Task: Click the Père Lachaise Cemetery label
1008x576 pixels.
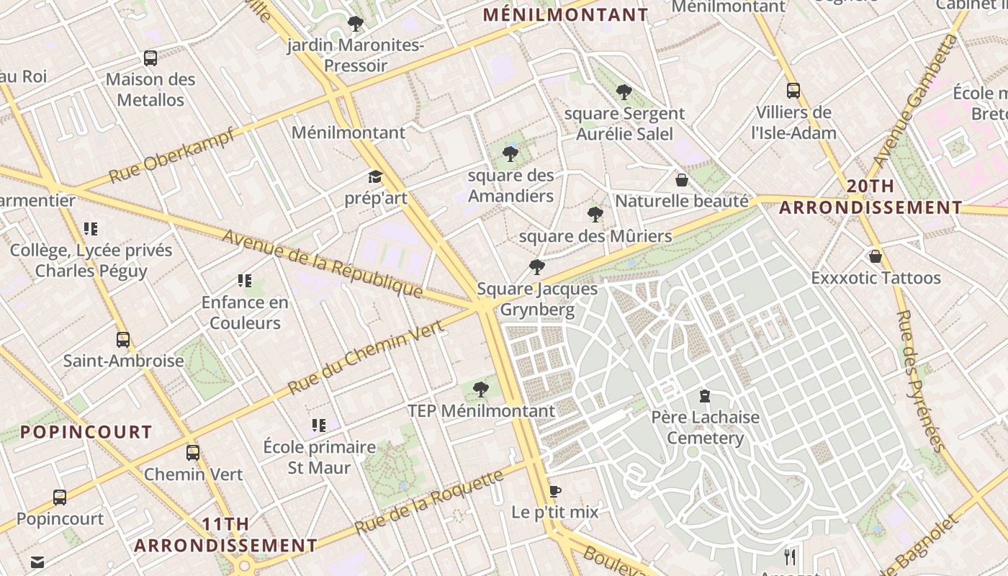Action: click(705, 428)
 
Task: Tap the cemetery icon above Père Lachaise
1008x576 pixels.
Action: click(705, 395)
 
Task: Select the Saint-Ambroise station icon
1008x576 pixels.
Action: click(123, 339)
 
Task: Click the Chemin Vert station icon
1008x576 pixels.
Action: click(193, 452)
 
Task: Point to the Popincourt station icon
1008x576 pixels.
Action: click(60, 497)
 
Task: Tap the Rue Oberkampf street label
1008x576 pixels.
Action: click(172, 155)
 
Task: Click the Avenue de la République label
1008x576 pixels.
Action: click(322, 264)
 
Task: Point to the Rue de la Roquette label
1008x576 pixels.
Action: click(429, 503)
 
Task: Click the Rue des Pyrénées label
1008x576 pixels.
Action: click(922, 380)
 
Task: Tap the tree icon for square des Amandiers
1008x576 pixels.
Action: click(510, 153)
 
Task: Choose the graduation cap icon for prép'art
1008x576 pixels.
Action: click(375, 177)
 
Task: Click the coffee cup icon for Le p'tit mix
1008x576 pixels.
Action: click(554, 491)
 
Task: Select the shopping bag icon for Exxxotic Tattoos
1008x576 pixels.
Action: click(876, 256)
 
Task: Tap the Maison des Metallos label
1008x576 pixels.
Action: click(150, 89)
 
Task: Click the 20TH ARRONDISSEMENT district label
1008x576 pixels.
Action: click(870, 197)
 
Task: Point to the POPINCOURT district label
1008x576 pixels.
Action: click(86, 432)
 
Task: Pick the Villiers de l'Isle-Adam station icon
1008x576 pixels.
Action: click(793, 91)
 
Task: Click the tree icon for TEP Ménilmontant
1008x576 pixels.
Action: click(481, 390)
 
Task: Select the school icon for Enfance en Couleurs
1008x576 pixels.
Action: click(245, 281)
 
